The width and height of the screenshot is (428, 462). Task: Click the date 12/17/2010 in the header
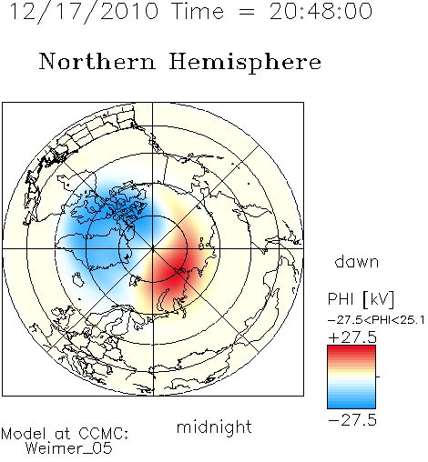(84, 12)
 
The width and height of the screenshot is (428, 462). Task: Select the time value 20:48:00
(321, 12)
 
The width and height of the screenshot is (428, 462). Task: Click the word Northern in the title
(97, 61)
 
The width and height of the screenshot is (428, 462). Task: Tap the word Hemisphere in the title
(245, 63)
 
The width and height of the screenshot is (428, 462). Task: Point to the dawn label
(357, 261)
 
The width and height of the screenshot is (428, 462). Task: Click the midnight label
(214, 427)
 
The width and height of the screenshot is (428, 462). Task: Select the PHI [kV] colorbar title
(361, 299)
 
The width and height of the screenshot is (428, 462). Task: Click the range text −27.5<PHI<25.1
(376, 320)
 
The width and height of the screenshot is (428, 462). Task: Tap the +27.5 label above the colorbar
(352, 337)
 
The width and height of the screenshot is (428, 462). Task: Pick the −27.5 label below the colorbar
(352, 420)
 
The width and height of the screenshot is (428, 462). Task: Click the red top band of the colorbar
(352, 349)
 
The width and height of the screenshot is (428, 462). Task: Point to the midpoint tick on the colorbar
(378, 377)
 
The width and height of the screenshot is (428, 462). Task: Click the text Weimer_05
(68, 448)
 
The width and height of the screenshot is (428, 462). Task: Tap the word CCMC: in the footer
(103, 434)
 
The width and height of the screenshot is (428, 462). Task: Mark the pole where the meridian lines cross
(153, 249)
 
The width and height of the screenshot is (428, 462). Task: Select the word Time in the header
(198, 12)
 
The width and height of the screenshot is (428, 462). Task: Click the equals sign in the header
(247, 12)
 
